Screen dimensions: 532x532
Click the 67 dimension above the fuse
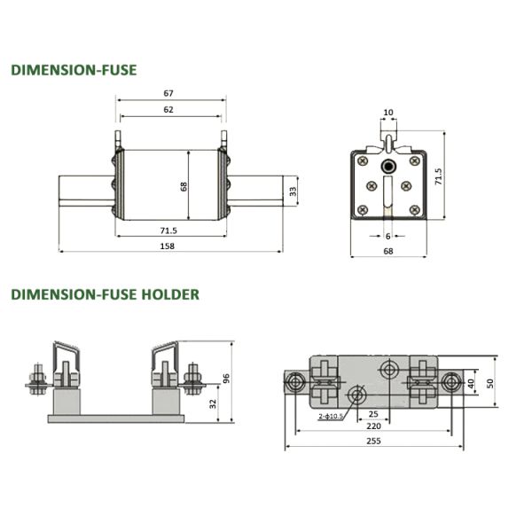pyautogui.click(x=169, y=92)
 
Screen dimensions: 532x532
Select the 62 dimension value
pyautogui.click(x=169, y=109)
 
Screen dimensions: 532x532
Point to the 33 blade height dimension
pyautogui.click(x=293, y=192)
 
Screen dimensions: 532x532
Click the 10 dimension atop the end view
pyautogui.click(x=387, y=113)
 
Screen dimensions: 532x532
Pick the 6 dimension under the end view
pyautogui.click(x=387, y=235)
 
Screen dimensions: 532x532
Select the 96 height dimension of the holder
pyautogui.click(x=227, y=379)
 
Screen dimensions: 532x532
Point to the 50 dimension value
pyautogui.click(x=489, y=383)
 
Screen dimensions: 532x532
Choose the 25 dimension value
pyautogui.click(x=373, y=413)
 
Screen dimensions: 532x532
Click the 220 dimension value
pyautogui.click(x=373, y=426)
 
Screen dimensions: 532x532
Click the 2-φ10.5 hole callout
pyautogui.click(x=329, y=414)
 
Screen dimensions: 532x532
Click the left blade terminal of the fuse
pyautogui.click(x=85, y=192)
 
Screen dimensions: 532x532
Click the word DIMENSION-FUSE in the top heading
pyautogui.click(x=74, y=69)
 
